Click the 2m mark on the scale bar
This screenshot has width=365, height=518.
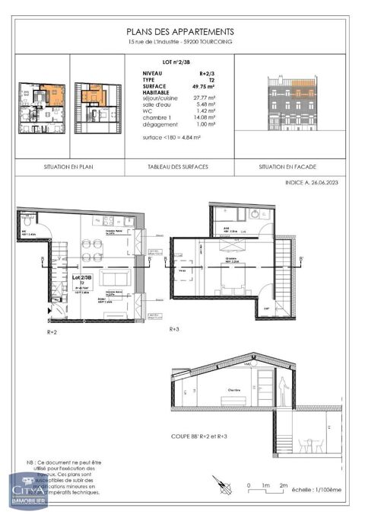283,485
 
